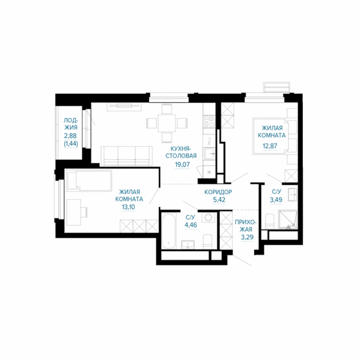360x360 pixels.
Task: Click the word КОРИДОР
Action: click(218, 192)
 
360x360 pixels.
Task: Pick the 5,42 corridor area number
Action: click(218, 201)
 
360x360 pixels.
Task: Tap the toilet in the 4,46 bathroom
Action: click(208, 241)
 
